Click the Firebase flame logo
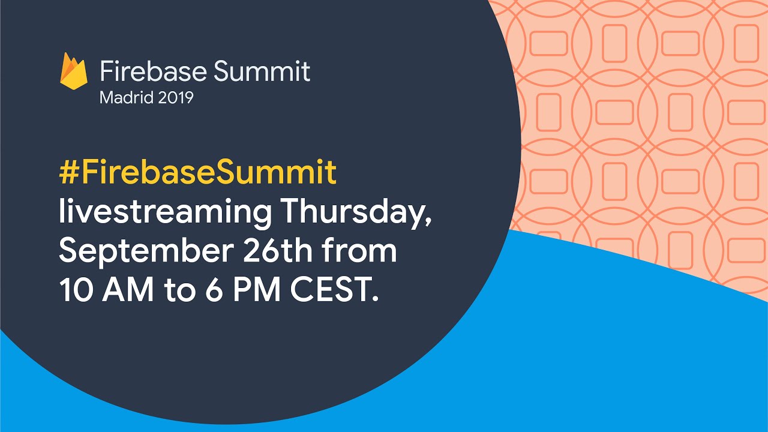74,71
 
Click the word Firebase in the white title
154,71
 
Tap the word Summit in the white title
262,71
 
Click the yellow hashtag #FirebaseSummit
197,172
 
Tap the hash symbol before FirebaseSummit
69,172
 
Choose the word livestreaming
165,212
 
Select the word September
146,252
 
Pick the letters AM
128,290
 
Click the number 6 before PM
215,290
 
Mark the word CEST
330,290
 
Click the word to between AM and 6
180,292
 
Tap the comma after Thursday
428,222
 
